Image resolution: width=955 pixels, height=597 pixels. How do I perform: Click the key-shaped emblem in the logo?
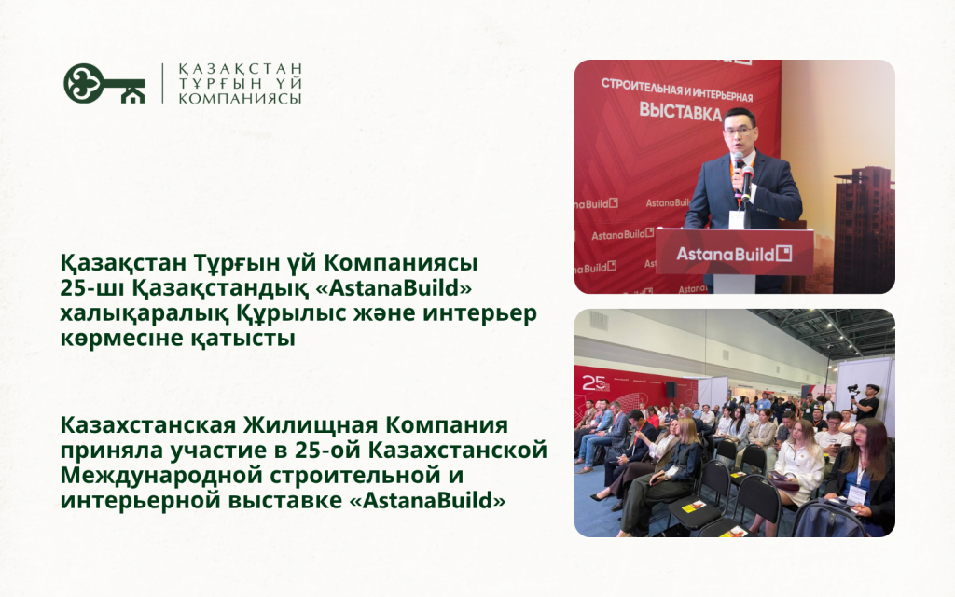pyautogui.click(x=104, y=83)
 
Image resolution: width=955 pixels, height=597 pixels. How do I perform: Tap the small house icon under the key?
pyautogui.click(x=132, y=95)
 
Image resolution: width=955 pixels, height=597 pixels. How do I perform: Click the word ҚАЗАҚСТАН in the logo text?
pyautogui.click(x=241, y=69)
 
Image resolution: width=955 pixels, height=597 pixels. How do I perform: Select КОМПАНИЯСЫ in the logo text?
pyautogui.click(x=240, y=98)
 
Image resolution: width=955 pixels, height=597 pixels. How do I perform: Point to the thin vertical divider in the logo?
pyautogui.click(x=162, y=83)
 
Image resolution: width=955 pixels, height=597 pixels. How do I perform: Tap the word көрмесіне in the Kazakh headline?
pyautogui.click(x=120, y=338)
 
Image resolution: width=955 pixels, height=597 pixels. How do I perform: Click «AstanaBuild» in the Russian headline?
pyautogui.click(x=429, y=501)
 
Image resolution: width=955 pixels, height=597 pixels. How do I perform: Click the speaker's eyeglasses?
pyautogui.click(x=739, y=129)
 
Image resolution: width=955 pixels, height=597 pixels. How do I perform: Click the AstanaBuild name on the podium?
pyautogui.click(x=733, y=254)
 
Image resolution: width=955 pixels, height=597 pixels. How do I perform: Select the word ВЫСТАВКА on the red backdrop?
pyautogui.click(x=680, y=112)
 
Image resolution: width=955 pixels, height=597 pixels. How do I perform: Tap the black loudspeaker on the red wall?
pyautogui.click(x=670, y=390)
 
